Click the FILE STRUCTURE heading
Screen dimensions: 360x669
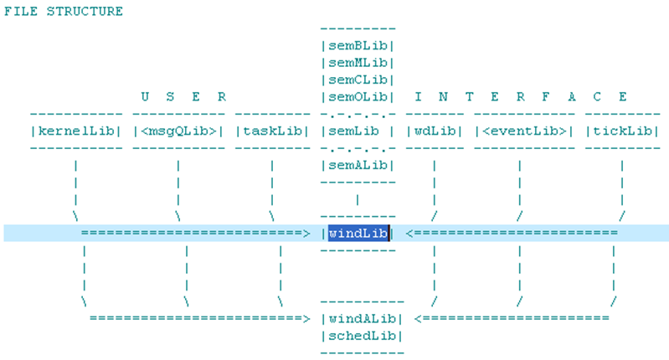click(64, 12)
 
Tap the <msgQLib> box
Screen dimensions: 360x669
click(178, 131)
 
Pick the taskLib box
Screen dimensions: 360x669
click(272, 131)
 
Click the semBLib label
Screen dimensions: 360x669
click(358, 46)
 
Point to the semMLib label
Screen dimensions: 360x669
click(358, 63)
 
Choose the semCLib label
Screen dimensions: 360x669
click(358, 80)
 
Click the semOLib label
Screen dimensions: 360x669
click(358, 96)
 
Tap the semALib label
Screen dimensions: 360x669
click(358, 165)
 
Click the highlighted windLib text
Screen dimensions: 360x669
click(358, 233)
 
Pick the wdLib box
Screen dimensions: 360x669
click(434, 131)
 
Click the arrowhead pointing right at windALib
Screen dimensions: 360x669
click(306, 318)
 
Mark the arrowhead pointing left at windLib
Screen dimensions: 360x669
click(410, 233)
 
